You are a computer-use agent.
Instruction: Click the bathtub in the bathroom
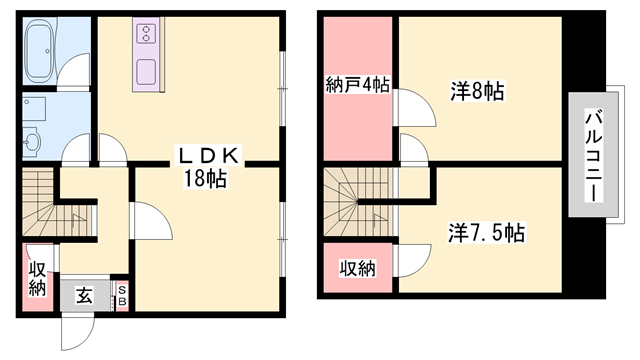click(x=41, y=49)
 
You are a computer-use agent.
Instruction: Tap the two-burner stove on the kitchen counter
click(x=146, y=33)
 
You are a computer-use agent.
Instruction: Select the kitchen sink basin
click(x=146, y=72)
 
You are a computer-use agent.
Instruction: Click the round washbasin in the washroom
click(x=31, y=141)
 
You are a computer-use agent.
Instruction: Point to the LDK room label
click(x=207, y=156)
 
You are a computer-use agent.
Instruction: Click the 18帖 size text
click(x=205, y=178)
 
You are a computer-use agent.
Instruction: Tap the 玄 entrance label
click(x=84, y=296)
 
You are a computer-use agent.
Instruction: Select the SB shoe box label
click(x=122, y=296)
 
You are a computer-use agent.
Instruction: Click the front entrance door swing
click(x=78, y=331)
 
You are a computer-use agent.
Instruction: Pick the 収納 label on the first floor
click(x=38, y=280)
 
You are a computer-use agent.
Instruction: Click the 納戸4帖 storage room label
click(x=357, y=85)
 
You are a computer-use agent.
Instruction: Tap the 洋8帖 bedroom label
click(x=478, y=91)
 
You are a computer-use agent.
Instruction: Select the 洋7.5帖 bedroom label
click(x=486, y=233)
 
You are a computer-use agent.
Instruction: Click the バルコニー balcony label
click(x=594, y=156)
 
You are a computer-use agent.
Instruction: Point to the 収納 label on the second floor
click(x=358, y=269)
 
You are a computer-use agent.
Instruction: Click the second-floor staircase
click(x=361, y=202)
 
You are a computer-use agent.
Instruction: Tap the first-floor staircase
click(x=58, y=203)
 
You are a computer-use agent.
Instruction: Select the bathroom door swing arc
click(x=73, y=69)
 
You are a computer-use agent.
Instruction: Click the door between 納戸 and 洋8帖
click(x=415, y=107)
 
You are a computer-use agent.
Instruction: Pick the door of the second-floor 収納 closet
click(x=413, y=261)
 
